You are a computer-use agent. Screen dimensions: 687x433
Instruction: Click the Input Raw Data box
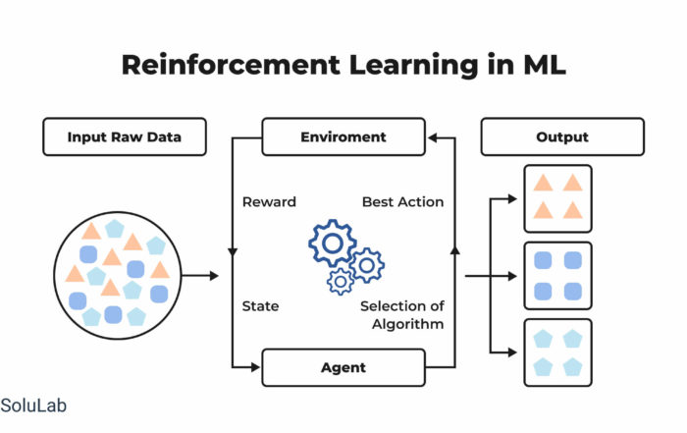click(x=125, y=136)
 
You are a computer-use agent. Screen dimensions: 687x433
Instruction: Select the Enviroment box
click(x=343, y=136)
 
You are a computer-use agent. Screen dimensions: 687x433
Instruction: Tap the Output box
click(x=562, y=136)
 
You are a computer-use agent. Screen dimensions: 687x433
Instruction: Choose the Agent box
click(x=343, y=367)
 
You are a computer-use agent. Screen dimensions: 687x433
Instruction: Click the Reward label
click(x=269, y=201)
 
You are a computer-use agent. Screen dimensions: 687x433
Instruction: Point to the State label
click(x=260, y=306)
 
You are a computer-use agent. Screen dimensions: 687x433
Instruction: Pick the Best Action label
click(x=402, y=201)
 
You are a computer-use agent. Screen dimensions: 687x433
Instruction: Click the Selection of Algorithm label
click(x=402, y=314)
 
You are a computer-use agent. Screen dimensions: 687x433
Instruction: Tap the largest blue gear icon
click(x=333, y=243)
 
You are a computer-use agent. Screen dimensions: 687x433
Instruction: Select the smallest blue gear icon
click(x=341, y=281)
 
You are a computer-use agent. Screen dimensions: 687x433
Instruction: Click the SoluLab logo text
click(x=33, y=406)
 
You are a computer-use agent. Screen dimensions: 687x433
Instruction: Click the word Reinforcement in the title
click(x=231, y=65)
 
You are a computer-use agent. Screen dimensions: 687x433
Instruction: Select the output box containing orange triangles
click(x=557, y=198)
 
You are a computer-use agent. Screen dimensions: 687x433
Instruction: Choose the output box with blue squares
click(x=557, y=276)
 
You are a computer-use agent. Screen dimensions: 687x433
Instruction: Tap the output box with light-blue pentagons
click(x=557, y=352)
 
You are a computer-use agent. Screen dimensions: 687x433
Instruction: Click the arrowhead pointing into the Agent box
click(x=256, y=367)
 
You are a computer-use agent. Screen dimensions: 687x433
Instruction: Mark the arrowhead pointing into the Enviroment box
click(x=432, y=138)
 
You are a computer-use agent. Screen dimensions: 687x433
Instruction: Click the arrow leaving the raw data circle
click(x=200, y=276)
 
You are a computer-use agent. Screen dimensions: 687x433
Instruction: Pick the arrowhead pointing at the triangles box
click(x=512, y=199)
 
